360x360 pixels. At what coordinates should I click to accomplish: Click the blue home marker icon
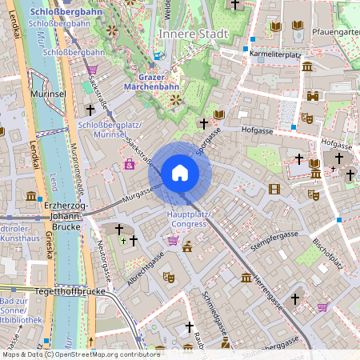179,173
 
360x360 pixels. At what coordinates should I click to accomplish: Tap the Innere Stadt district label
193,34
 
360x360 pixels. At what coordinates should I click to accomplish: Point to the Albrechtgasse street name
145,268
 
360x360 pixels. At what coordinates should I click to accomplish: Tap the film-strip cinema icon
275,189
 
